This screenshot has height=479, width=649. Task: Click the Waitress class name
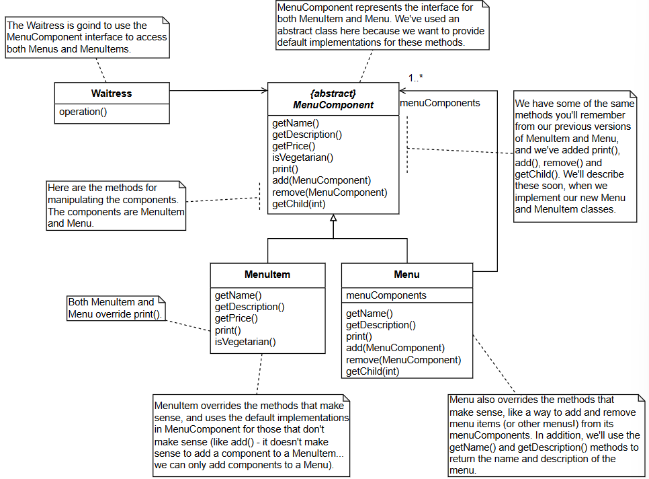(x=112, y=94)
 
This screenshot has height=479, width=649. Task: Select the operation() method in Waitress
(x=83, y=112)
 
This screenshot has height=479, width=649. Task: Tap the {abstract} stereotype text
(x=333, y=94)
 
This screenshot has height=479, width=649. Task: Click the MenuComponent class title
(x=333, y=105)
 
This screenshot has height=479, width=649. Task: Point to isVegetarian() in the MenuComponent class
(x=302, y=157)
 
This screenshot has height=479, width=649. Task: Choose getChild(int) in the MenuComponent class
(x=299, y=204)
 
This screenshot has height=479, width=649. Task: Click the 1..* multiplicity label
(x=416, y=77)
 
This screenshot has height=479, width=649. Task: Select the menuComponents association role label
(x=440, y=103)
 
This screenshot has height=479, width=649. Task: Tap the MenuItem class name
(x=267, y=274)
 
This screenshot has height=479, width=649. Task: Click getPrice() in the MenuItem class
(x=236, y=318)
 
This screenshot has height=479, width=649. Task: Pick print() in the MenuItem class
(x=228, y=330)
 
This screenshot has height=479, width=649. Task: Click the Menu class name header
(x=407, y=274)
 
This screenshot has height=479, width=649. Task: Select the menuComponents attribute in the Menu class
(x=386, y=295)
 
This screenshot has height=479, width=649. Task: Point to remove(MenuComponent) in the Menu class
(x=404, y=360)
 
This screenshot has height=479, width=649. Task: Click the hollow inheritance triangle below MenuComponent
(x=333, y=218)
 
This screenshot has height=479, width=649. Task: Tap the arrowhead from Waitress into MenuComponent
(x=265, y=90)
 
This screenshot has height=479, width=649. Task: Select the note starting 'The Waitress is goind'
(x=87, y=37)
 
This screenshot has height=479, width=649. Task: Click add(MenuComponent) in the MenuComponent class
(x=322, y=180)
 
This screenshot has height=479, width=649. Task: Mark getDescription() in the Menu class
(x=381, y=325)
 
